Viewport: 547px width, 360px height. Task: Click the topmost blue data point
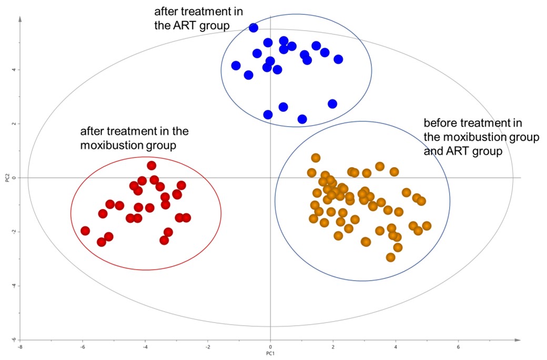click(x=254, y=28)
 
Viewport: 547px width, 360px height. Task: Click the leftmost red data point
click(x=85, y=231)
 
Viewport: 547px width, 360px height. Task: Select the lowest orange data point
click(x=390, y=257)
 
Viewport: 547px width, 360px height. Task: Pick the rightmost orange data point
click(x=427, y=226)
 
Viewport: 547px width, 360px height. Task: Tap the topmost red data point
click(x=151, y=166)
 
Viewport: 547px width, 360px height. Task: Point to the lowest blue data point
click(x=302, y=119)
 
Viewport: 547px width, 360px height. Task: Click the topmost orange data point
click(x=316, y=158)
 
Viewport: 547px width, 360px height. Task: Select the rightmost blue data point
click(x=338, y=59)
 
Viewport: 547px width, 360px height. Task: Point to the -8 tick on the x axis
click(x=20, y=347)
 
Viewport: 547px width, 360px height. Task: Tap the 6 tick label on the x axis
click(x=458, y=347)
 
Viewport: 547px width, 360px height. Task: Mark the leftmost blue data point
click(x=236, y=66)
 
